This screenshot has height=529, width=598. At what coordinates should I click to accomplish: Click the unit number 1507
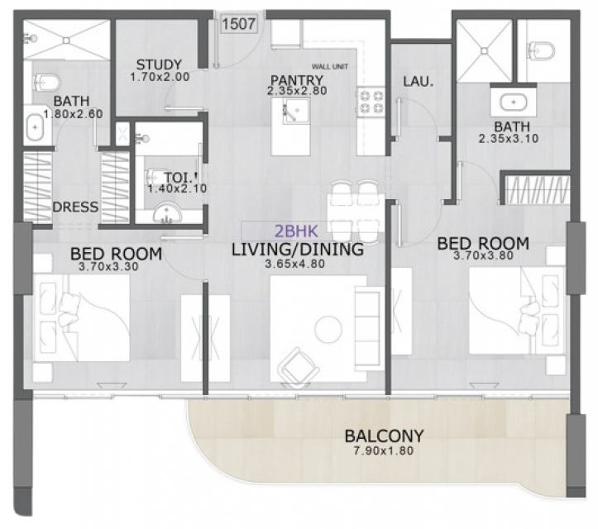click(239, 24)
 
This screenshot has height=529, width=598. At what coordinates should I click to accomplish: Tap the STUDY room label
click(159, 64)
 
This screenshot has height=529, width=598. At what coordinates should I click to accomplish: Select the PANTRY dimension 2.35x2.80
click(297, 91)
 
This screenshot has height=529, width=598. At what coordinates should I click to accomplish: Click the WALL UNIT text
click(330, 67)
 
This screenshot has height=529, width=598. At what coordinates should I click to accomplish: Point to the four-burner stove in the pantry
click(371, 102)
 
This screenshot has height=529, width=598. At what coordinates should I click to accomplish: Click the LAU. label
click(419, 81)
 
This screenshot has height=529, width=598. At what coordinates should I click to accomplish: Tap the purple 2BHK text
click(296, 231)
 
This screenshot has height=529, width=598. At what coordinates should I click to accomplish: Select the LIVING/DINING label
click(298, 250)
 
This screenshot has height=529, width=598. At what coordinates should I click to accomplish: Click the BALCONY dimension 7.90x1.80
click(384, 450)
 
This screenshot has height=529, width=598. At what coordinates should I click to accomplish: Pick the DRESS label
click(75, 207)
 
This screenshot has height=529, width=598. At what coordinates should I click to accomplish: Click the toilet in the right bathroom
click(542, 50)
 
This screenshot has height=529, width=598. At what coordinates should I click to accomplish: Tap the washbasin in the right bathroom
click(514, 102)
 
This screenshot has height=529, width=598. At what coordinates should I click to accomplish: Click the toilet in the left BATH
click(47, 81)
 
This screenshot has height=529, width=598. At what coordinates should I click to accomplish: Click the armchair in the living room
click(299, 367)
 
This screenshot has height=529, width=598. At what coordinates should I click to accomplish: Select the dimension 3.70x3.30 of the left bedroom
click(108, 266)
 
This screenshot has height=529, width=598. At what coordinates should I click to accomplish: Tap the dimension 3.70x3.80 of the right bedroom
click(483, 255)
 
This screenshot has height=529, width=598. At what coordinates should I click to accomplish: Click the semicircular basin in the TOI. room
click(167, 215)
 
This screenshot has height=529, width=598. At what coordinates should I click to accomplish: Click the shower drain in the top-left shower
click(67, 40)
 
